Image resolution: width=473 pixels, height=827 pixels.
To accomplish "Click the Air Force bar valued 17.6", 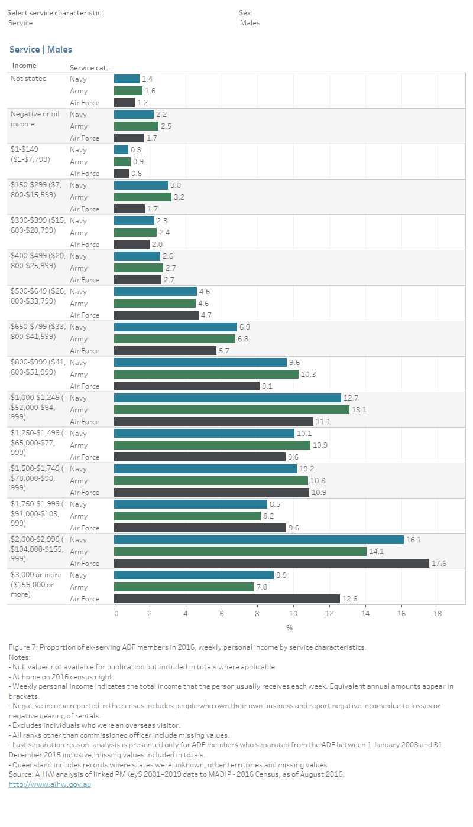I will click(x=271, y=563).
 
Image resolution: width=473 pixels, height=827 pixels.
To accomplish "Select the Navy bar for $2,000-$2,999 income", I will click(x=258, y=539).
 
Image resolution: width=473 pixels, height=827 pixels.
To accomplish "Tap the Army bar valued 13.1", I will click(x=231, y=409).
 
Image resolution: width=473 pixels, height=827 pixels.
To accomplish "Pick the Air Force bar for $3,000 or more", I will click(x=226, y=598).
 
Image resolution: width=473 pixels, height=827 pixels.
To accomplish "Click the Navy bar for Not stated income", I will click(x=127, y=79).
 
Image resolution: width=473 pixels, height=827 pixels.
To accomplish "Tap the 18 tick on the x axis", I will click(x=438, y=614).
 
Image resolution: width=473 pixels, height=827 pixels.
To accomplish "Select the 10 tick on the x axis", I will click(x=294, y=614).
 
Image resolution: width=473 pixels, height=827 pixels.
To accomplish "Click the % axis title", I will click(x=289, y=627).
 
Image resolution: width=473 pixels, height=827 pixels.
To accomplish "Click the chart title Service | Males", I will click(x=41, y=50).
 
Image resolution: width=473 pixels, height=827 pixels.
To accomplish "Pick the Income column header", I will click(x=24, y=66).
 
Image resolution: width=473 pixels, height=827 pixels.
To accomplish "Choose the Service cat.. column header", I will click(x=90, y=67).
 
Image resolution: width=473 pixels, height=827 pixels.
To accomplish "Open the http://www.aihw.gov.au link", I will click(x=50, y=784).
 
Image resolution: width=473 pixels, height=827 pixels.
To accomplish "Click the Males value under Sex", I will click(x=250, y=23).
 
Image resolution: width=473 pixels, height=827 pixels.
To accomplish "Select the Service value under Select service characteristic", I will click(x=21, y=23).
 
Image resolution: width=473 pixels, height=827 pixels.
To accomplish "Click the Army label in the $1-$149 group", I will click(x=79, y=161).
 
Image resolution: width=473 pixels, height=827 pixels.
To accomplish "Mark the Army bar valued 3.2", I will click(x=142, y=197).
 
